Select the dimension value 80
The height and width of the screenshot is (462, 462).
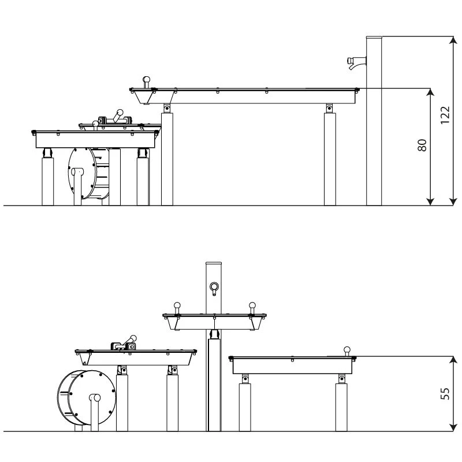click(422, 145)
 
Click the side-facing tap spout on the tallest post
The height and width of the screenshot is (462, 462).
click(354, 62)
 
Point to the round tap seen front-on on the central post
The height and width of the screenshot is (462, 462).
click(214, 286)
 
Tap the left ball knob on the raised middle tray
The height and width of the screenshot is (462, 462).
click(177, 305)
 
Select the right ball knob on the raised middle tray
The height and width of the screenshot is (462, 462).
click(251, 305)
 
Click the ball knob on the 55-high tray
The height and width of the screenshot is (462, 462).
click(347, 349)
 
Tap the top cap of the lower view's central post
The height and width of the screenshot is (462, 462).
click(214, 264)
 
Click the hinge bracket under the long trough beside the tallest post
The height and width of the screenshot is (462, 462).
click(329, 108)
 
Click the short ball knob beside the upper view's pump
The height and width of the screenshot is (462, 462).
click(95, 123)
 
